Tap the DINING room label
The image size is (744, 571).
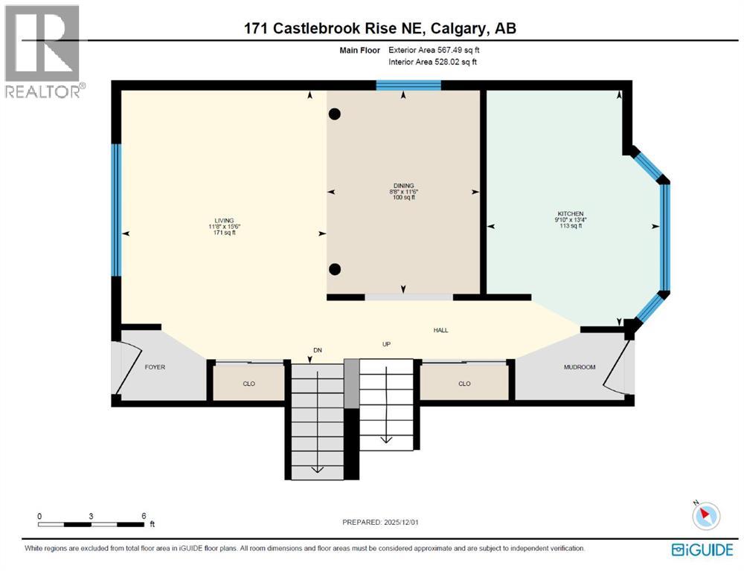[404, 186]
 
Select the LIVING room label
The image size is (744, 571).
[224, 221]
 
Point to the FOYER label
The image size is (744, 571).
[155, 367]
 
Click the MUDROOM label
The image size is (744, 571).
[580, 367]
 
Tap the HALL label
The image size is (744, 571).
[441, 331]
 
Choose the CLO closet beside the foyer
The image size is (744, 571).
[248, 384]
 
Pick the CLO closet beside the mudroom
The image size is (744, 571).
[464, 384]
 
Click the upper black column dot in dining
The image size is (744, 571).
[335, 114]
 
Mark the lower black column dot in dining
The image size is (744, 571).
[335, 269]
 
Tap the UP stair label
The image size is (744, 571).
[386, 344]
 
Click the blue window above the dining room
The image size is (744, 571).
[408, 85]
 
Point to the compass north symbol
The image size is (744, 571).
[706, 515]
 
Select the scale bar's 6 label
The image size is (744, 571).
[143, 515]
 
